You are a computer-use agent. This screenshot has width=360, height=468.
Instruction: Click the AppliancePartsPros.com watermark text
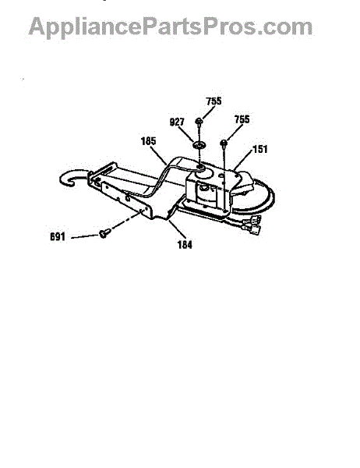(x=171, y=27)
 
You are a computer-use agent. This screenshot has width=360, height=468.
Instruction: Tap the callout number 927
(x=177, y=122)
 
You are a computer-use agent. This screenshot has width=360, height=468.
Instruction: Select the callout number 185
(x=148, y=141)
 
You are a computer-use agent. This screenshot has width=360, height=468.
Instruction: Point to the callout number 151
(x=259, y=149)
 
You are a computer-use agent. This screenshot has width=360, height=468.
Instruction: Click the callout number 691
(x=58, y=236)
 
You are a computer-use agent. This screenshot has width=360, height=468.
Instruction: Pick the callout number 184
(x=185, y=245)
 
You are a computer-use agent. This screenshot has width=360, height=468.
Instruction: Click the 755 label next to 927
(x=214, y=101)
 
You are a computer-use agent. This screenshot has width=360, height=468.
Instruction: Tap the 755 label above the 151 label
(x=242, y=119)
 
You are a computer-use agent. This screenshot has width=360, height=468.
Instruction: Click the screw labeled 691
(x=104, y=232)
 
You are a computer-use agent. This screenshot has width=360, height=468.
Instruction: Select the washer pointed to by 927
(x=199, y=146)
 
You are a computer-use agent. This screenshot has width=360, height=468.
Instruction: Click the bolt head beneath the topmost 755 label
(x=199, y=121)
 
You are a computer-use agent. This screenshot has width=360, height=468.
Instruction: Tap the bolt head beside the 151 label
(x=224, y=144)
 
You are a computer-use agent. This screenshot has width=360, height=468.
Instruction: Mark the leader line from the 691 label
(x=85, y=236)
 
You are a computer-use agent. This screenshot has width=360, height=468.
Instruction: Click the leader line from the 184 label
(x=178, y=230)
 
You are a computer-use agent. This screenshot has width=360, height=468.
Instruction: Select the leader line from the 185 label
(x=157, y=155)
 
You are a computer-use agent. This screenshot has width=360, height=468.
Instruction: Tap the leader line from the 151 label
(x=243, y=160)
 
